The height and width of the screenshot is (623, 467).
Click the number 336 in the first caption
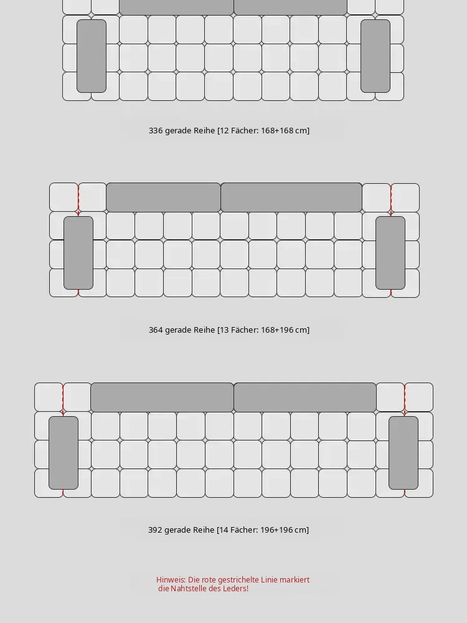(155, 130)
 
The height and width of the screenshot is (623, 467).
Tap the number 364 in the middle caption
(155, 330)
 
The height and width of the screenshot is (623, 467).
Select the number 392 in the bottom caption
(155, 530)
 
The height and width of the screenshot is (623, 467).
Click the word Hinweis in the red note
(171, 579)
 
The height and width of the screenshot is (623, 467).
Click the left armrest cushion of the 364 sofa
(78, 253)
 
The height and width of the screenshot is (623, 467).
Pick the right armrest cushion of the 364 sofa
(390, 253)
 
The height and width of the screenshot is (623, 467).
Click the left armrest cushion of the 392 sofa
(64, 452)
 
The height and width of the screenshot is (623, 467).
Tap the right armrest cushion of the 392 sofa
(403, 452)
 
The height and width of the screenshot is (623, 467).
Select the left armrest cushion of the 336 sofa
(92, 56)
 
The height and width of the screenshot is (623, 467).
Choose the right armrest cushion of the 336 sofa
(375, 56)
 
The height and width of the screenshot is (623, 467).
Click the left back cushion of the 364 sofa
(163, 197)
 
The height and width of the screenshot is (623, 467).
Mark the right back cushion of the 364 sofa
(291, 197)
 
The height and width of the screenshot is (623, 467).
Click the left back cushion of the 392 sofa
(162, 397)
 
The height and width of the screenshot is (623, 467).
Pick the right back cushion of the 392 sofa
(305, 397)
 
